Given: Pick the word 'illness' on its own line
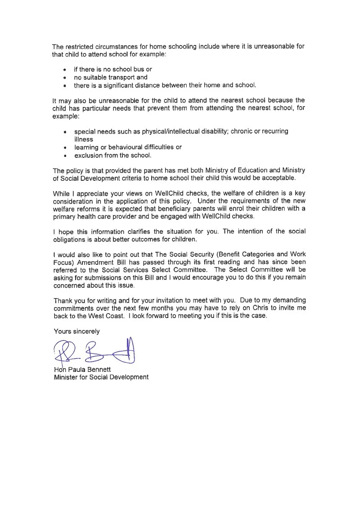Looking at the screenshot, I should click(x=84, y=139).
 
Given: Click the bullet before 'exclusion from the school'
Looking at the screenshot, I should click(x=65, y=156).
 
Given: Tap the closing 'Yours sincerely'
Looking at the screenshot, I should click(x=76, y=331).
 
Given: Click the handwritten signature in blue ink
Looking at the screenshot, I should click(x=94, y=352).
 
